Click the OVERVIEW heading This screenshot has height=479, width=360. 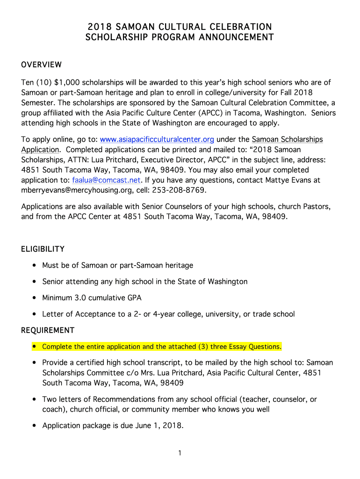point(42,65)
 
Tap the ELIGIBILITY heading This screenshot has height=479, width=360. point(43,249)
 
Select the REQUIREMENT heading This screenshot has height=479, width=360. point(48,330)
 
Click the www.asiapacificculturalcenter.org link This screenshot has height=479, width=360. point(157,139)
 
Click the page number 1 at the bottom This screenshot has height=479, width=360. point(180,453)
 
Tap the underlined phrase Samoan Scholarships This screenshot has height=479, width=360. point(287,139)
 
